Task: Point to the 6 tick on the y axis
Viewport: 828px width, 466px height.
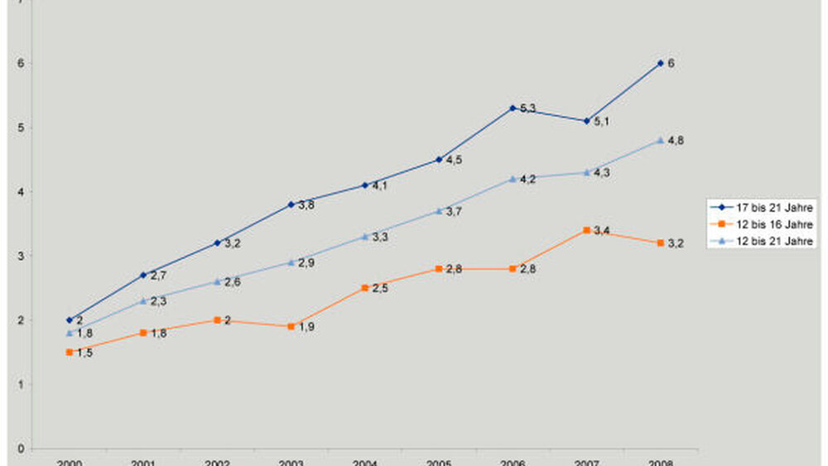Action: (x=20, y=64)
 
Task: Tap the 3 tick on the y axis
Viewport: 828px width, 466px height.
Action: (x=20, y=256)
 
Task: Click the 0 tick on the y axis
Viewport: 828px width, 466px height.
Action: (x=20, y=449)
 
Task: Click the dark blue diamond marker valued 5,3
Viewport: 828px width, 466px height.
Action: (x=513, y=108)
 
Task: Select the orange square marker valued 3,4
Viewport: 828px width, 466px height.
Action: (x=586, y=230)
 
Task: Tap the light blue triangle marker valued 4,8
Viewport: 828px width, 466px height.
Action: (x=660, y=141)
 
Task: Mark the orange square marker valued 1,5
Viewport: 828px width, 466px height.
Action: (x=69, y=352)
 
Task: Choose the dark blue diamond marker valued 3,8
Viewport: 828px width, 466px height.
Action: (x=291, y=204)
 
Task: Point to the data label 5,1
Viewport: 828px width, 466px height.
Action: (x=602, y=122)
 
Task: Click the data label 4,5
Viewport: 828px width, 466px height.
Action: (x=454, y=161)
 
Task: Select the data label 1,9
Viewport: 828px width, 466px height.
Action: (x=306, y=327)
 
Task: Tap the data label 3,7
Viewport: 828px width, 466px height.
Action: (x=454, y=212)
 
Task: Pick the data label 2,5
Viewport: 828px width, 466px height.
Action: (x=380, y=288)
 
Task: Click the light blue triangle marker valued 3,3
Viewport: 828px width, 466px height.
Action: (x=364, y=237)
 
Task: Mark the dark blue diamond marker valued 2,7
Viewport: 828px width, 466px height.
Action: (x=142, y=275)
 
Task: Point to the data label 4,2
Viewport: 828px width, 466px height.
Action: (x=528, y=180)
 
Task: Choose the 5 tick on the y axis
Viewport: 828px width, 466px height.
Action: (x=20, y=127)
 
